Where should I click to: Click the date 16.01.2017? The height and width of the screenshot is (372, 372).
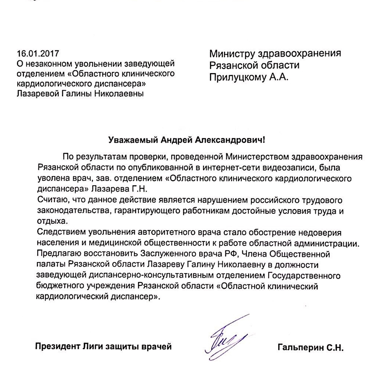pyautogui.click(x=38, y=54)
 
